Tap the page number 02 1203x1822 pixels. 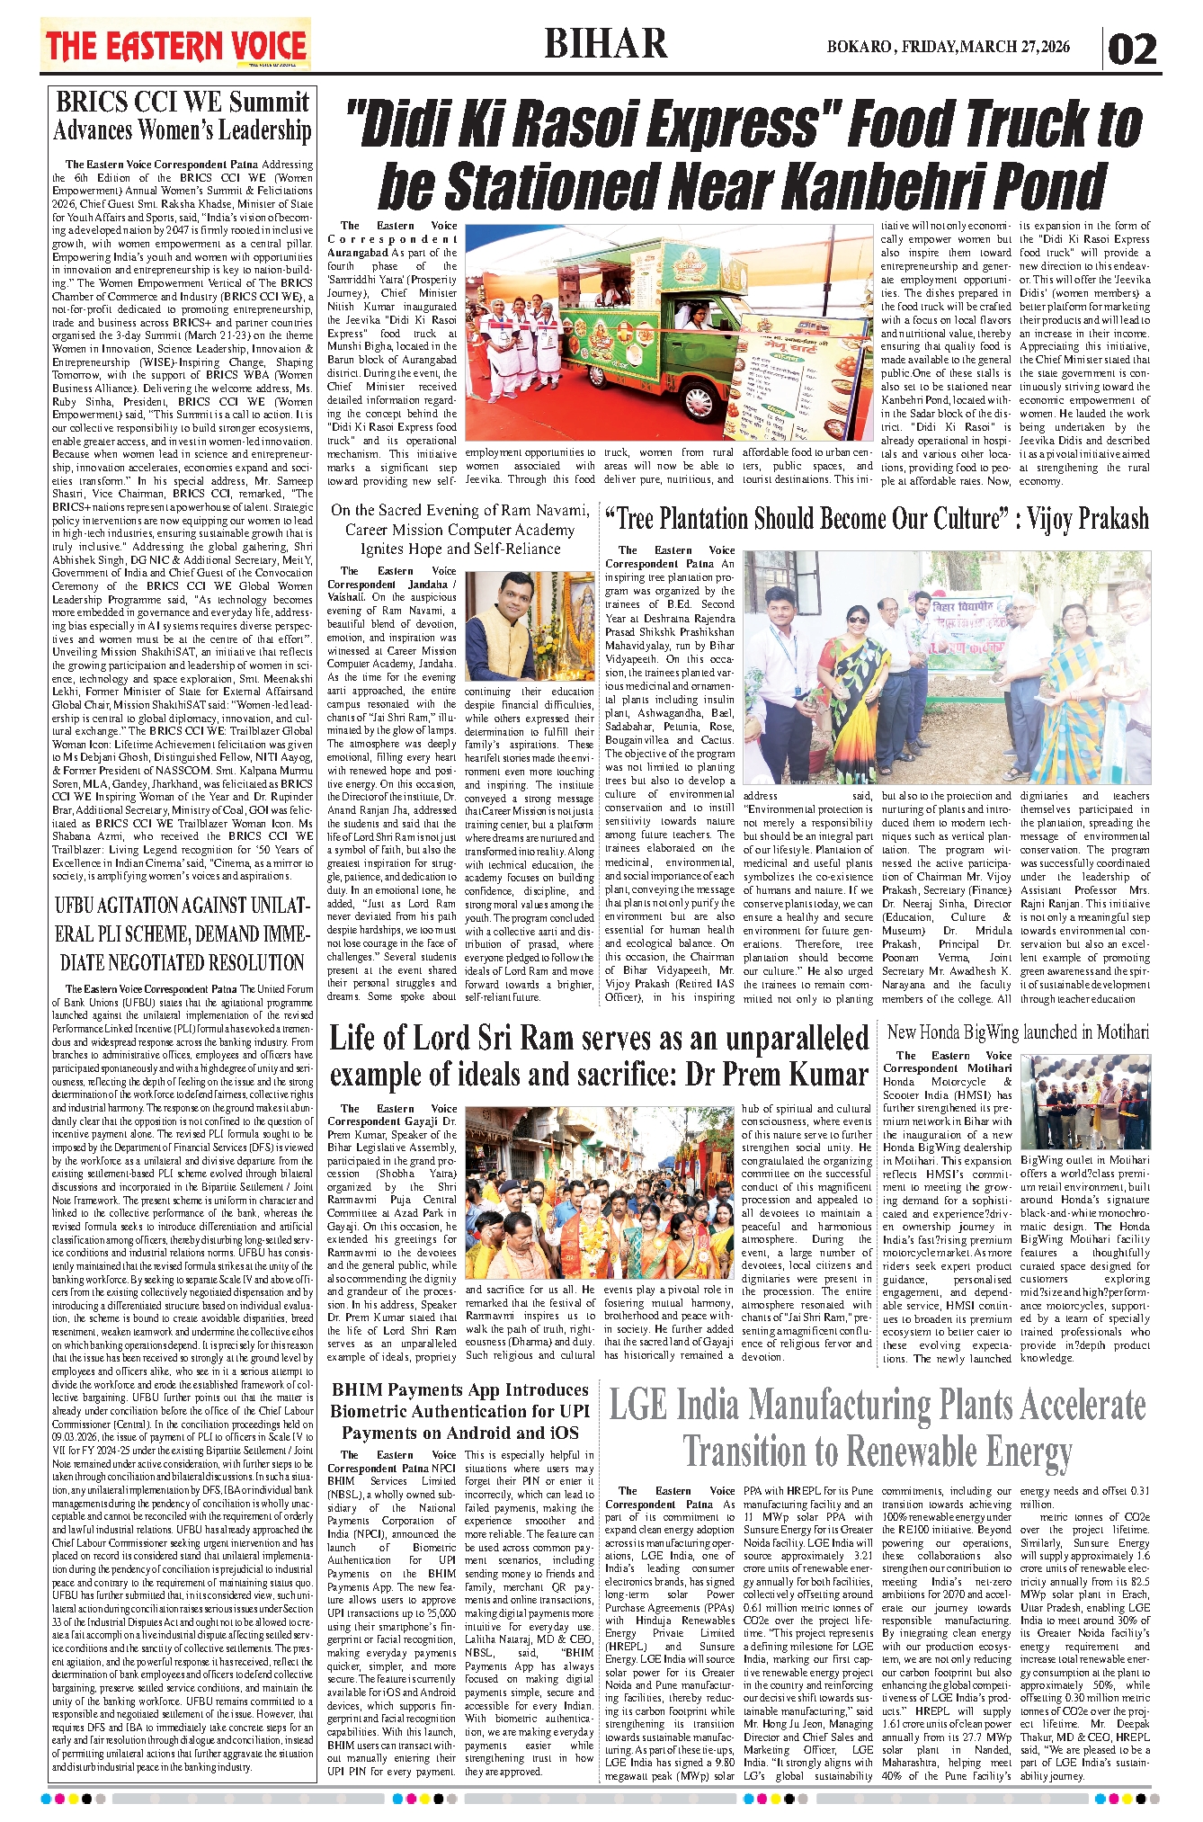click(1132, 49)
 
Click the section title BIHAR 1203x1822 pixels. click(606, 44)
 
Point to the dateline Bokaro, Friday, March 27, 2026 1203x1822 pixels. click(949, 47)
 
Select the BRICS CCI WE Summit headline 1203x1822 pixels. click(183, 115)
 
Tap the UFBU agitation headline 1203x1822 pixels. click(182, 933)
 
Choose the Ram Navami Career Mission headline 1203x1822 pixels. click(459, 529)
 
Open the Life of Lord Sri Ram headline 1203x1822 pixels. click(599, 1056)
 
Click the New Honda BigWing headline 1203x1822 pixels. click(1018, 1032)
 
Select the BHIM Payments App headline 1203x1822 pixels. click(459, 1411)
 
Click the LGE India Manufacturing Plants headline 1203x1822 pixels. click(878, 1428)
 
